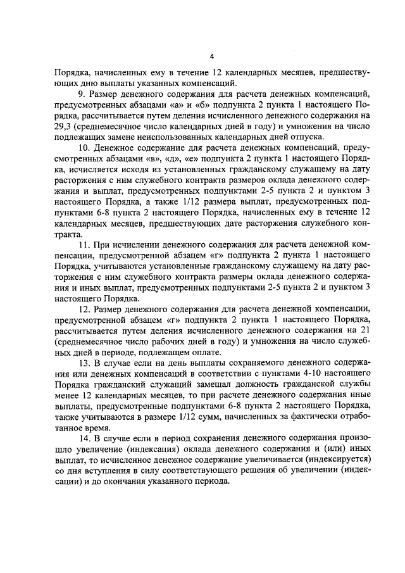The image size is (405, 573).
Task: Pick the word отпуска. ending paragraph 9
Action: coord(309,137)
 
